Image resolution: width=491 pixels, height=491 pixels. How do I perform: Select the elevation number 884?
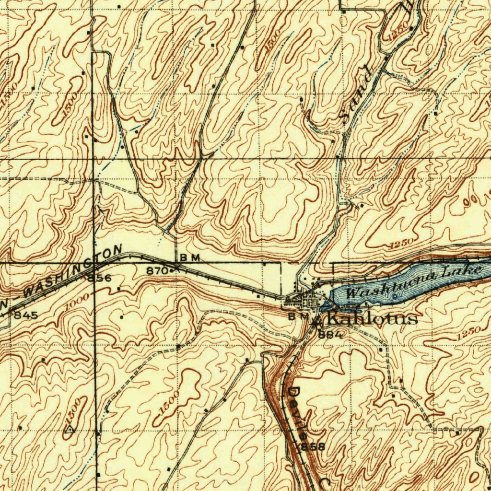point(330,334)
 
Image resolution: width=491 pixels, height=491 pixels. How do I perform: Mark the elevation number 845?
point(23,315)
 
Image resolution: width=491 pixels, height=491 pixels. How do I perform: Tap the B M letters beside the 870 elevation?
point(189,258)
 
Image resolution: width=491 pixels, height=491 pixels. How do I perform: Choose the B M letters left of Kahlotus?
point(299,316)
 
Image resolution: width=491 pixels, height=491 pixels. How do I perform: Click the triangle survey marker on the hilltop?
point(70,430)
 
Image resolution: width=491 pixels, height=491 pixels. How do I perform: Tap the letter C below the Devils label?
point(324,482)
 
